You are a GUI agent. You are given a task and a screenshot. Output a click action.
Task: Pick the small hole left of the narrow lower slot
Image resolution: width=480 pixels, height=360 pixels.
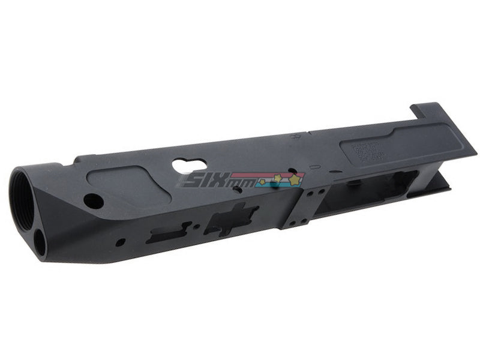pyautogui.click(x=122, y=242)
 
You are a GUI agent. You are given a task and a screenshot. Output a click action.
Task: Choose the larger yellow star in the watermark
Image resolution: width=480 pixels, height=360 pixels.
pyautogui.click(x=294, y=178)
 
